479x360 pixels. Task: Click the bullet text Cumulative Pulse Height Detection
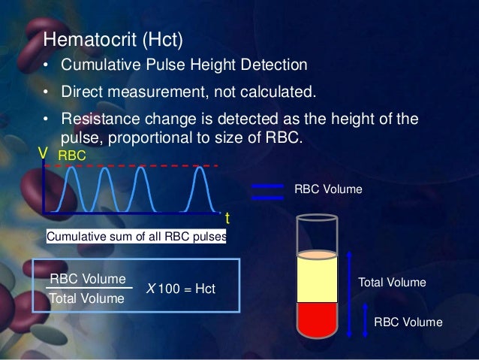point(184,65)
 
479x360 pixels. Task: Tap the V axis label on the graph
point(44,154)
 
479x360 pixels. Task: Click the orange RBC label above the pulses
point(72,154)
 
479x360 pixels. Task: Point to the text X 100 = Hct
point(180,289)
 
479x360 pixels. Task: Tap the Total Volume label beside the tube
point(393,283)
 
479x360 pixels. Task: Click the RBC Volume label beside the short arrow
point(408,322)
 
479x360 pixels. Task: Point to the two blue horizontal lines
point(268,192)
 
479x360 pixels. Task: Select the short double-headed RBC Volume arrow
point(366,322)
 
